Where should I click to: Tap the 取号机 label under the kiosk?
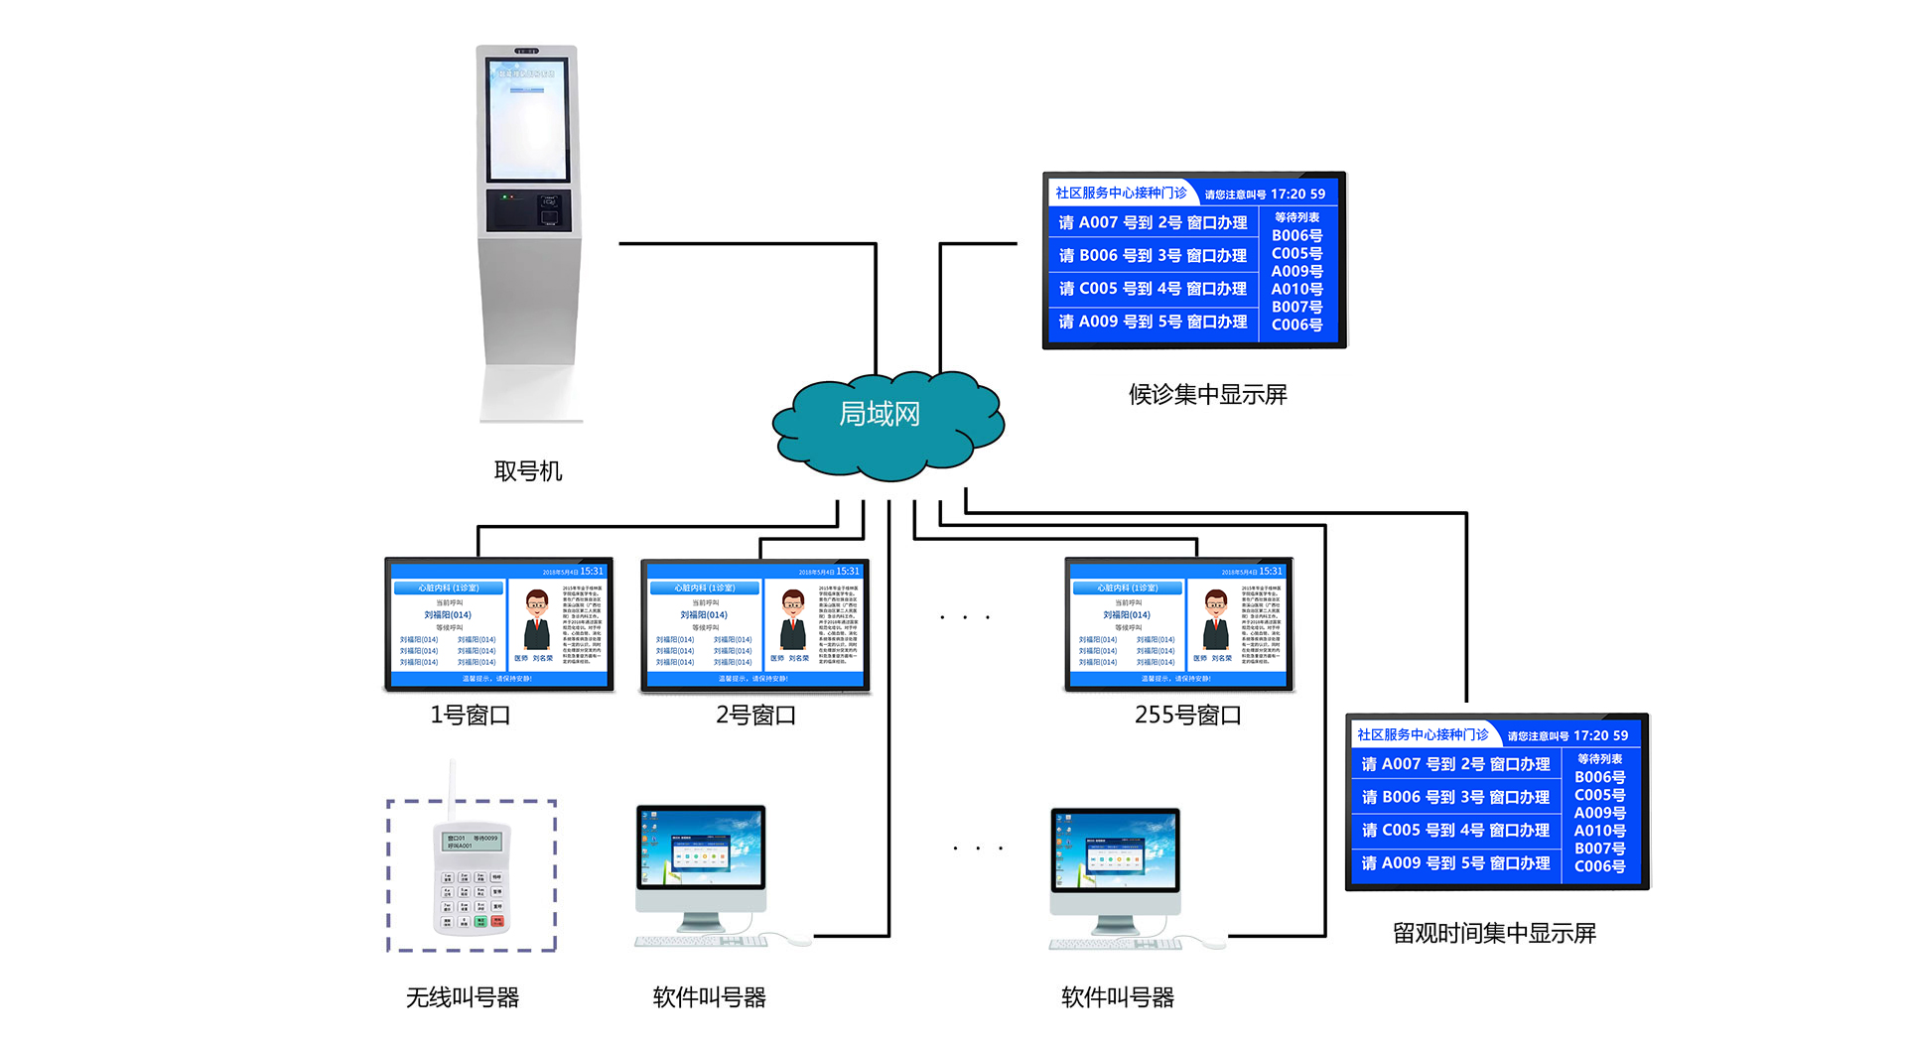pos(528,471)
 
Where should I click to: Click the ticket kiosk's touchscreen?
pos(527,119)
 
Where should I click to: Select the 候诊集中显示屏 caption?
pos(1207,395)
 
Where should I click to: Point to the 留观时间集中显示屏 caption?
pos(1494,934)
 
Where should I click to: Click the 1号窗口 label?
pos(471,716)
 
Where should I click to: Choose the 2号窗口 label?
pos(756,716)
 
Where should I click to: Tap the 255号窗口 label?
pos(1187,716)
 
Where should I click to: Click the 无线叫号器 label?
pos(463,998)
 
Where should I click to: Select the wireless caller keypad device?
pos(472,878)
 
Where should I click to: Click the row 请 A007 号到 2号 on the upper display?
pos(1153,223)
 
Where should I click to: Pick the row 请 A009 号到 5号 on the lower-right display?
pos(1455,863)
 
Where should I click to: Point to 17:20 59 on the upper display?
pos(1297,195)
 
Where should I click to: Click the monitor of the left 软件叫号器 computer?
pos(701,849)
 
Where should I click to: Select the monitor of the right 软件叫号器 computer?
pos(1116,851)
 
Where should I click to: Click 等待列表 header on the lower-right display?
pos(1600,759)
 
